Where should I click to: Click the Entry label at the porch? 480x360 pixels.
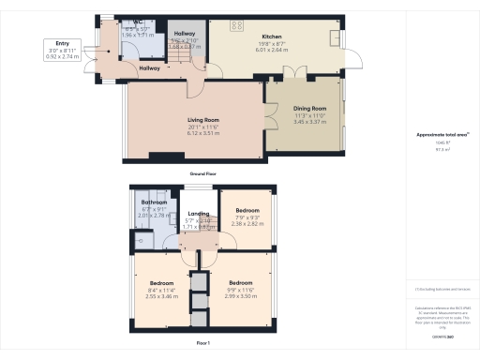[62, 43]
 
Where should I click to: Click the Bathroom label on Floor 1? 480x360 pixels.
[154, 202]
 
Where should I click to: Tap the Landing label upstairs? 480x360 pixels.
[198, 214]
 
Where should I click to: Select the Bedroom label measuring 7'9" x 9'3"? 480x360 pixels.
[247, 211]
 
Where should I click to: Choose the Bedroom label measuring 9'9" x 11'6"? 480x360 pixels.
[241, 282]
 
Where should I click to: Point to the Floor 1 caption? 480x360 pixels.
[202, 344]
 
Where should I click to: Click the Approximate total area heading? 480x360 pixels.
[442, 135]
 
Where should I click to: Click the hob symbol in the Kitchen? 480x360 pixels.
[237, 25]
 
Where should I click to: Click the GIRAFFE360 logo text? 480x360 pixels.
[442, 335]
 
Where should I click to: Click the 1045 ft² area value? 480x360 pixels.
[442, 142]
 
